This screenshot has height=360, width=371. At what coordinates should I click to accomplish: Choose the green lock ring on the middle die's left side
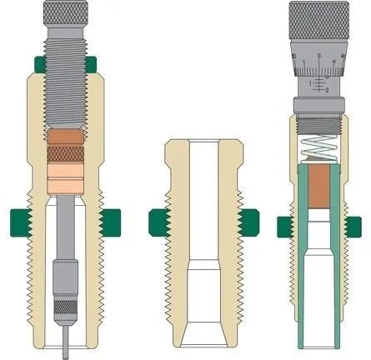155,221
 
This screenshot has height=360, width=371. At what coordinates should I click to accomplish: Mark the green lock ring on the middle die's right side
247,221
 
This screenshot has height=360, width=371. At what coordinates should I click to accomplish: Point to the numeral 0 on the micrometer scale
320,59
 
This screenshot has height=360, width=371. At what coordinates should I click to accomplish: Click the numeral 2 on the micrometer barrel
326,90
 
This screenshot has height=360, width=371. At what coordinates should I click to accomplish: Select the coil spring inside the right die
319,147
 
